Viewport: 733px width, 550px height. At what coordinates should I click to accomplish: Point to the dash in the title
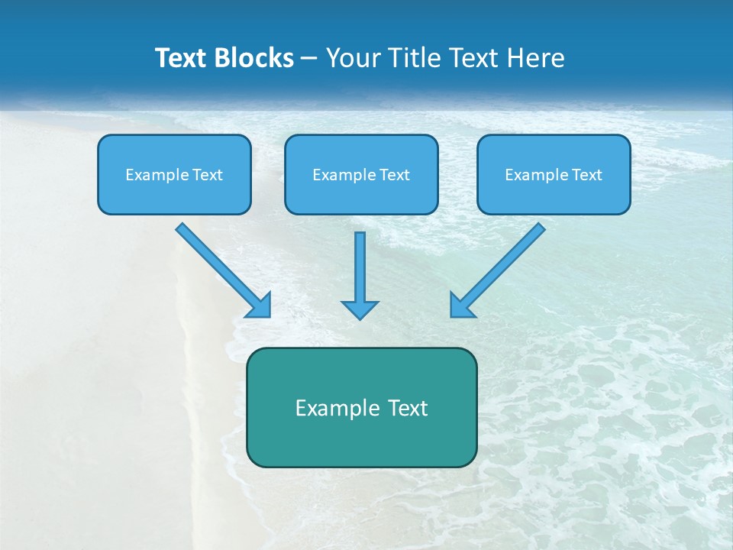click(x=309, y=58)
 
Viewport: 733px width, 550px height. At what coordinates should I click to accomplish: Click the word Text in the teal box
click(x=407, y=408)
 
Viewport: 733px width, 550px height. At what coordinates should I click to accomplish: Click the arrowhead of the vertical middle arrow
click(x=360, y=309)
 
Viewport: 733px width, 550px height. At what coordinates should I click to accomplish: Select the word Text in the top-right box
click(x=587, y=175)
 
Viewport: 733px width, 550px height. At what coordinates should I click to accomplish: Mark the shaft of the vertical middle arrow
click(x=360, y=264)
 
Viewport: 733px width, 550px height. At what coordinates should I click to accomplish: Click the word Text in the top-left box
click(x=208, y=175)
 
